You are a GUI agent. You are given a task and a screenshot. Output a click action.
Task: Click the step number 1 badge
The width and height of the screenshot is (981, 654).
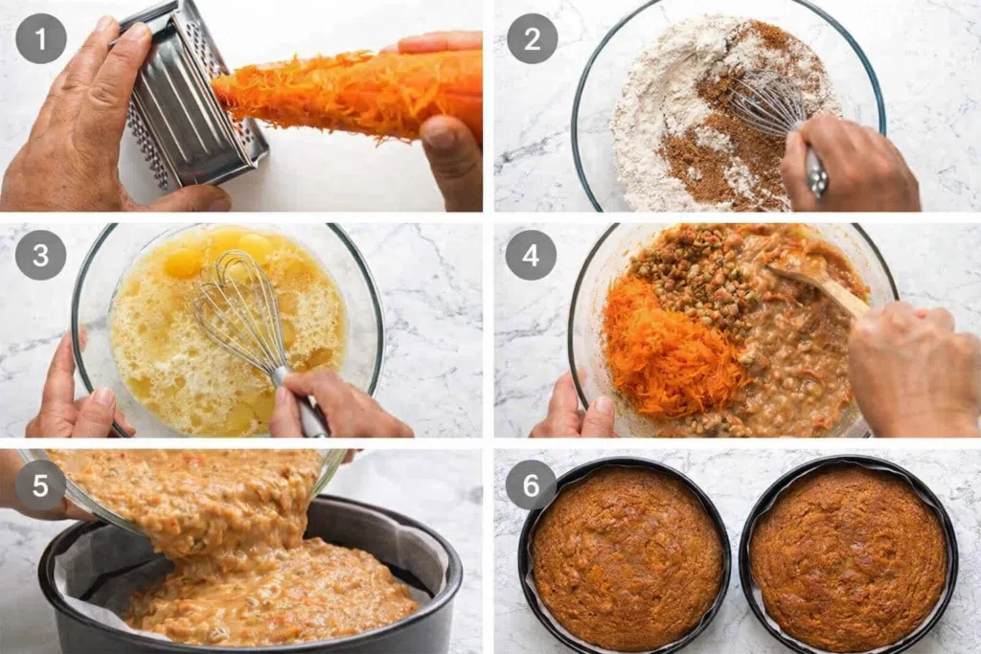tap(40, 38)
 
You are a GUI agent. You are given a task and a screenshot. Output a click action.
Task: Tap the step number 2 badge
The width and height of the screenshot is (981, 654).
tap(532, 38)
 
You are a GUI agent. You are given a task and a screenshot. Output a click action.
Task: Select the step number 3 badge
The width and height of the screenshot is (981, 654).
tap(40, 255)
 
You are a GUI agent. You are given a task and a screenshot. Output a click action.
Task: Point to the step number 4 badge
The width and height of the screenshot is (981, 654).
tap(531, 255)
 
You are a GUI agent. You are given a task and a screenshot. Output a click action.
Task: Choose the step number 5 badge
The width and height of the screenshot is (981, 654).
tap(40, 485)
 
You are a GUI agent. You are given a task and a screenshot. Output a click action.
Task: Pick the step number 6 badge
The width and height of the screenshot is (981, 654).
tap(531, 485)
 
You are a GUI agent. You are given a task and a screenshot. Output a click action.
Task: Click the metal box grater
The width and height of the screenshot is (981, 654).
tap(188, 100)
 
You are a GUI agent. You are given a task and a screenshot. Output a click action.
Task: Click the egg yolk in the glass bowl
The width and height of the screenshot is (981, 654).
tap(181, 262)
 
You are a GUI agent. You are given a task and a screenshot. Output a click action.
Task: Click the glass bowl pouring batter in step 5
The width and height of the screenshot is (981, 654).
tap(188, 487)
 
